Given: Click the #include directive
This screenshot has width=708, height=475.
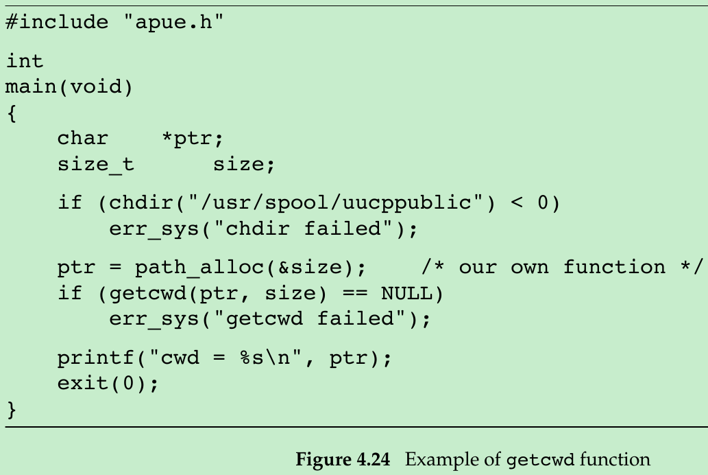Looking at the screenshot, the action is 57,23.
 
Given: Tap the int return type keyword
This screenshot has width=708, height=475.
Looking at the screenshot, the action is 25,62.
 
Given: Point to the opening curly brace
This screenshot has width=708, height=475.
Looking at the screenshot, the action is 11,113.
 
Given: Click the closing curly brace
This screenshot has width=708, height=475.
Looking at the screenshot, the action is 11,410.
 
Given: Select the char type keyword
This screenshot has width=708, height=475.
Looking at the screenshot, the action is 82,139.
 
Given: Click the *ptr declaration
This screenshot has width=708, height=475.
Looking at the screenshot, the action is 193,139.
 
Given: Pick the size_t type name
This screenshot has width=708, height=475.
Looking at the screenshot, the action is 95,165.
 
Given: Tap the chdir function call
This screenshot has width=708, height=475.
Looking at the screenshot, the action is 134,203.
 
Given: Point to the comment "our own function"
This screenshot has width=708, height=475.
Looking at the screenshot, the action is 562,268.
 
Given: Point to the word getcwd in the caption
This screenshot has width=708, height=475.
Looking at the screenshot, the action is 541,459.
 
